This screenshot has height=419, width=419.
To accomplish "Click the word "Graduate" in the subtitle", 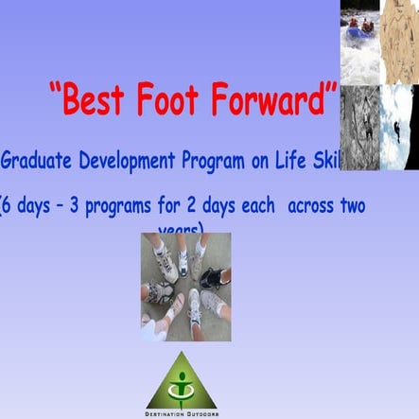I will click(38, 161).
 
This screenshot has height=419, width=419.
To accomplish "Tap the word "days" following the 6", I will click(41, 205).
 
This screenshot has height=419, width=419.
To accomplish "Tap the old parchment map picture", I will click(400, 42).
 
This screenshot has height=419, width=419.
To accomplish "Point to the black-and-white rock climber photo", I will click(359, 128).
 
